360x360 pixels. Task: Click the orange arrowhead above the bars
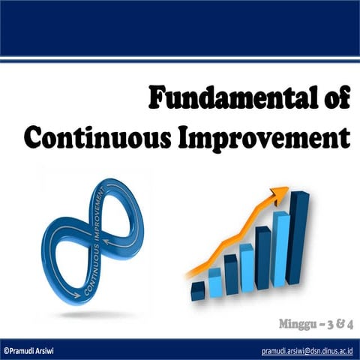point(280,194)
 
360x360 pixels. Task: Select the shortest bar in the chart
point(198,290)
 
